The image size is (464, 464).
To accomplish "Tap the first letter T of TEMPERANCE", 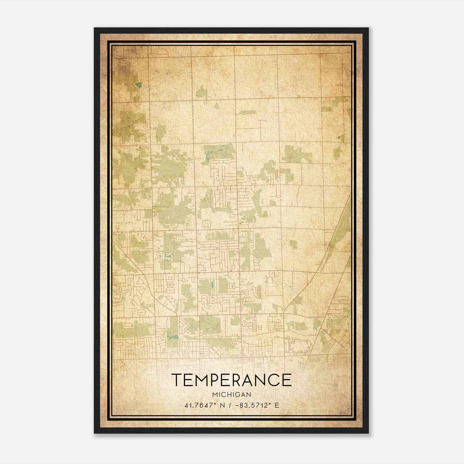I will pos(177,380).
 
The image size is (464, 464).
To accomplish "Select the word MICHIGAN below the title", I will pos(231,394).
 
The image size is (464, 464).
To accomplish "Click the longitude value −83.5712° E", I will pos(255,405).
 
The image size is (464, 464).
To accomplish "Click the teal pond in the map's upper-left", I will pos(139,85).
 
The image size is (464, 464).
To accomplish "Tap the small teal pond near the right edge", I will pos(339,137).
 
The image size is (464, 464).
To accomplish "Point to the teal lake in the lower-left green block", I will pos(172,337).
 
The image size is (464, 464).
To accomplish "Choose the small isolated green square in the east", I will pos(293,244).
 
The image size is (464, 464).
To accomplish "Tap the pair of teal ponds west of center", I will pos(164,255).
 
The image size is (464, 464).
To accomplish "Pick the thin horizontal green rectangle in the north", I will pos(246,112).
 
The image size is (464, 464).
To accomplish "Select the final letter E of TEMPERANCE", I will pos(287,380).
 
